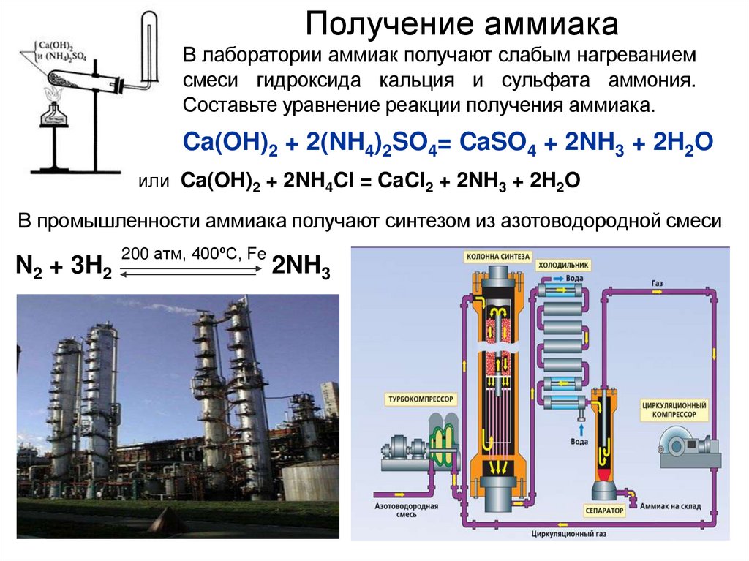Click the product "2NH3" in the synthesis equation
tap(301, 268)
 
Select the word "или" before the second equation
tap(154, 181)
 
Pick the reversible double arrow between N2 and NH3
tap(192, 271)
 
